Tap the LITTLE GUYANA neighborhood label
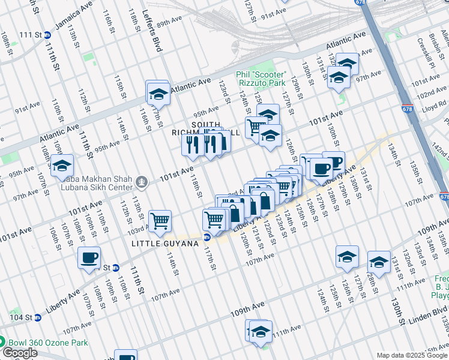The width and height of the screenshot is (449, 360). (x=159, y=243)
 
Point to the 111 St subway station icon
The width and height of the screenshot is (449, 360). (x=47, y=35)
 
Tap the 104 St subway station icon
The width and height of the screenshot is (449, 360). (x=38, y=317)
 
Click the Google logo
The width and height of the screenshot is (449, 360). (x=20, y=353)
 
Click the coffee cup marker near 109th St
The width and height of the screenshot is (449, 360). (x=89, y=257)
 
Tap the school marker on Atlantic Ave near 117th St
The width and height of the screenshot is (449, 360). (x=158, y=93)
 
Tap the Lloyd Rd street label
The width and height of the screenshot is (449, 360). (x=433, y=110)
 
